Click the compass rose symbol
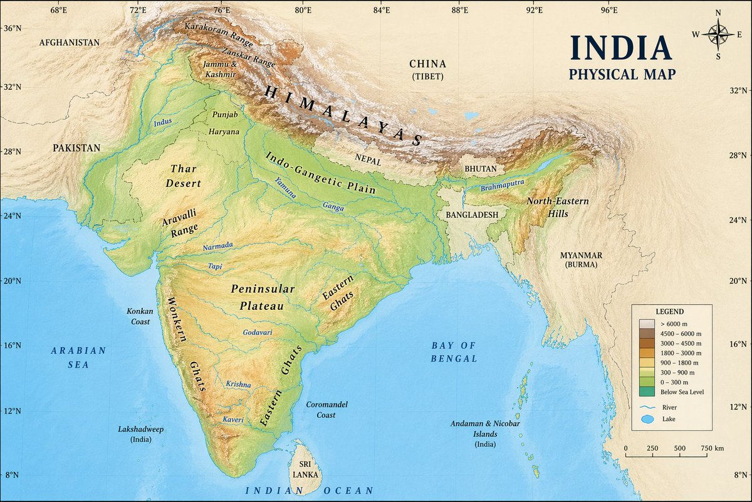point(718,34)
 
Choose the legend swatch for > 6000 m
point(647,323)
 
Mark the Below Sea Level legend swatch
point(647,392)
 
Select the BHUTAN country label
point(481,169)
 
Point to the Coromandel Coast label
point(326,410)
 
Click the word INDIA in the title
point(620,49)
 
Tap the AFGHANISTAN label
point(69,43)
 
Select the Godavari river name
point(258,332)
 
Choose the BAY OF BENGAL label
point(454,352)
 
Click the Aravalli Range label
point(180,223)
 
